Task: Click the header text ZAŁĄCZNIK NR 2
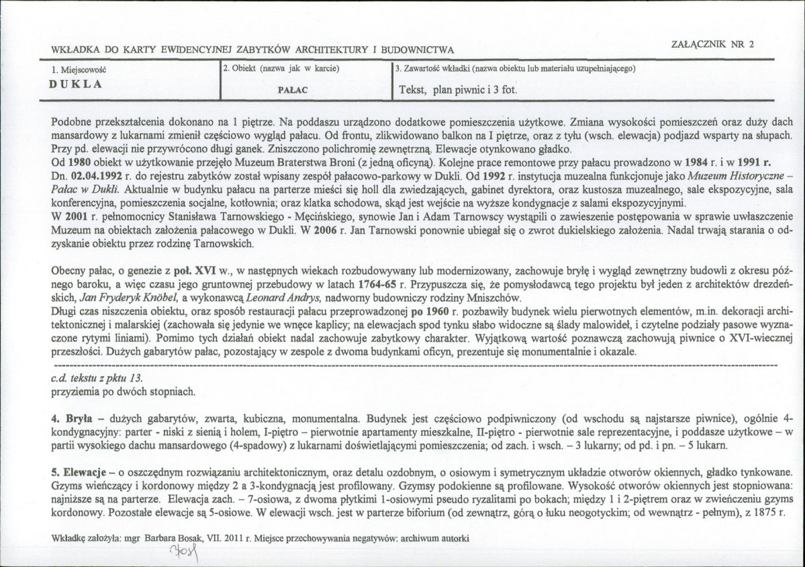712,44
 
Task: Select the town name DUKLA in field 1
76,85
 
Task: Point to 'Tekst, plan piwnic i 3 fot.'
458,89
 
